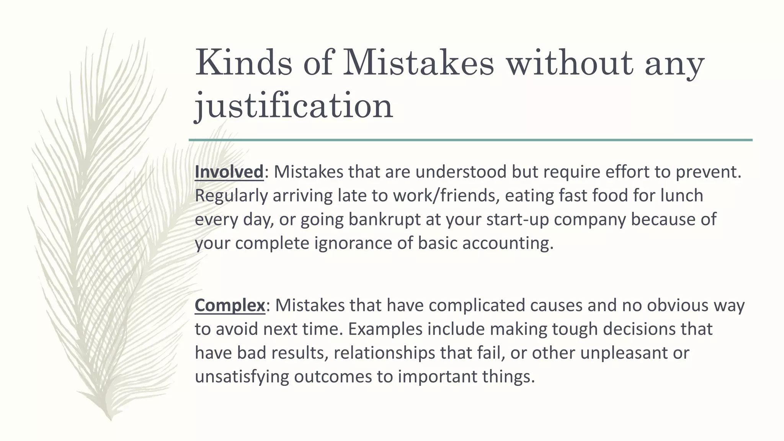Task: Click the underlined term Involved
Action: click(x=229, y=172)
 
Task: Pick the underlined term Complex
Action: click(x=230, y=305)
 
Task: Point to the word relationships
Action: click(x=384, y=353)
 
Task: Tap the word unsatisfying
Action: click(x=242, y=376)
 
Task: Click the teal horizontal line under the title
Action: click(x=470, y=140)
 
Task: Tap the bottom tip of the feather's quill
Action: click(x=110, y=420)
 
